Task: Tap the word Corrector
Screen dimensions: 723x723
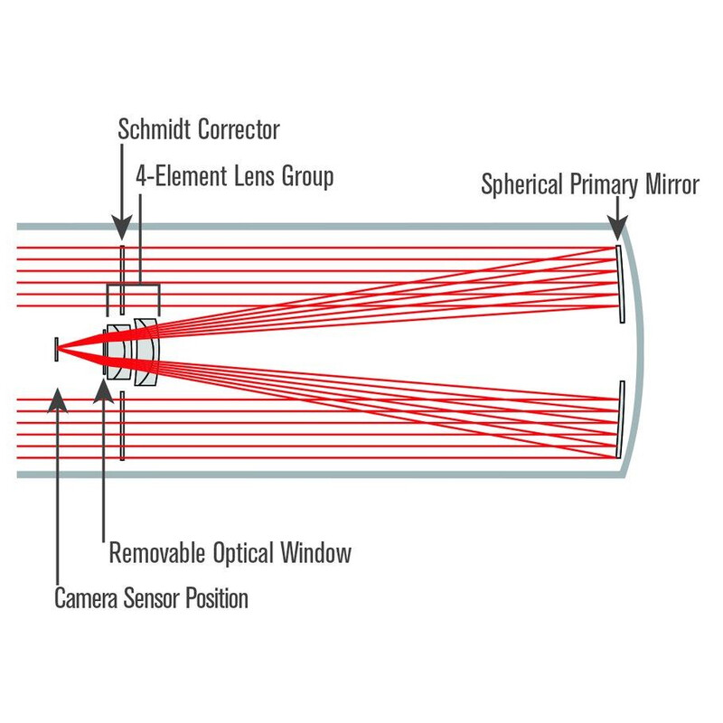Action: (238, 129)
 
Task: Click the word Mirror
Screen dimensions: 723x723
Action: (671, 185)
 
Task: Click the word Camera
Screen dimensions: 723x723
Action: (87, 598)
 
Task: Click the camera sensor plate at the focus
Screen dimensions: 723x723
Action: (56, 348)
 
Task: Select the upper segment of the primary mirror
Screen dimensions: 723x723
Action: (620, 282)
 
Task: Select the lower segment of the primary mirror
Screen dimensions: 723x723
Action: (620, 418)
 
